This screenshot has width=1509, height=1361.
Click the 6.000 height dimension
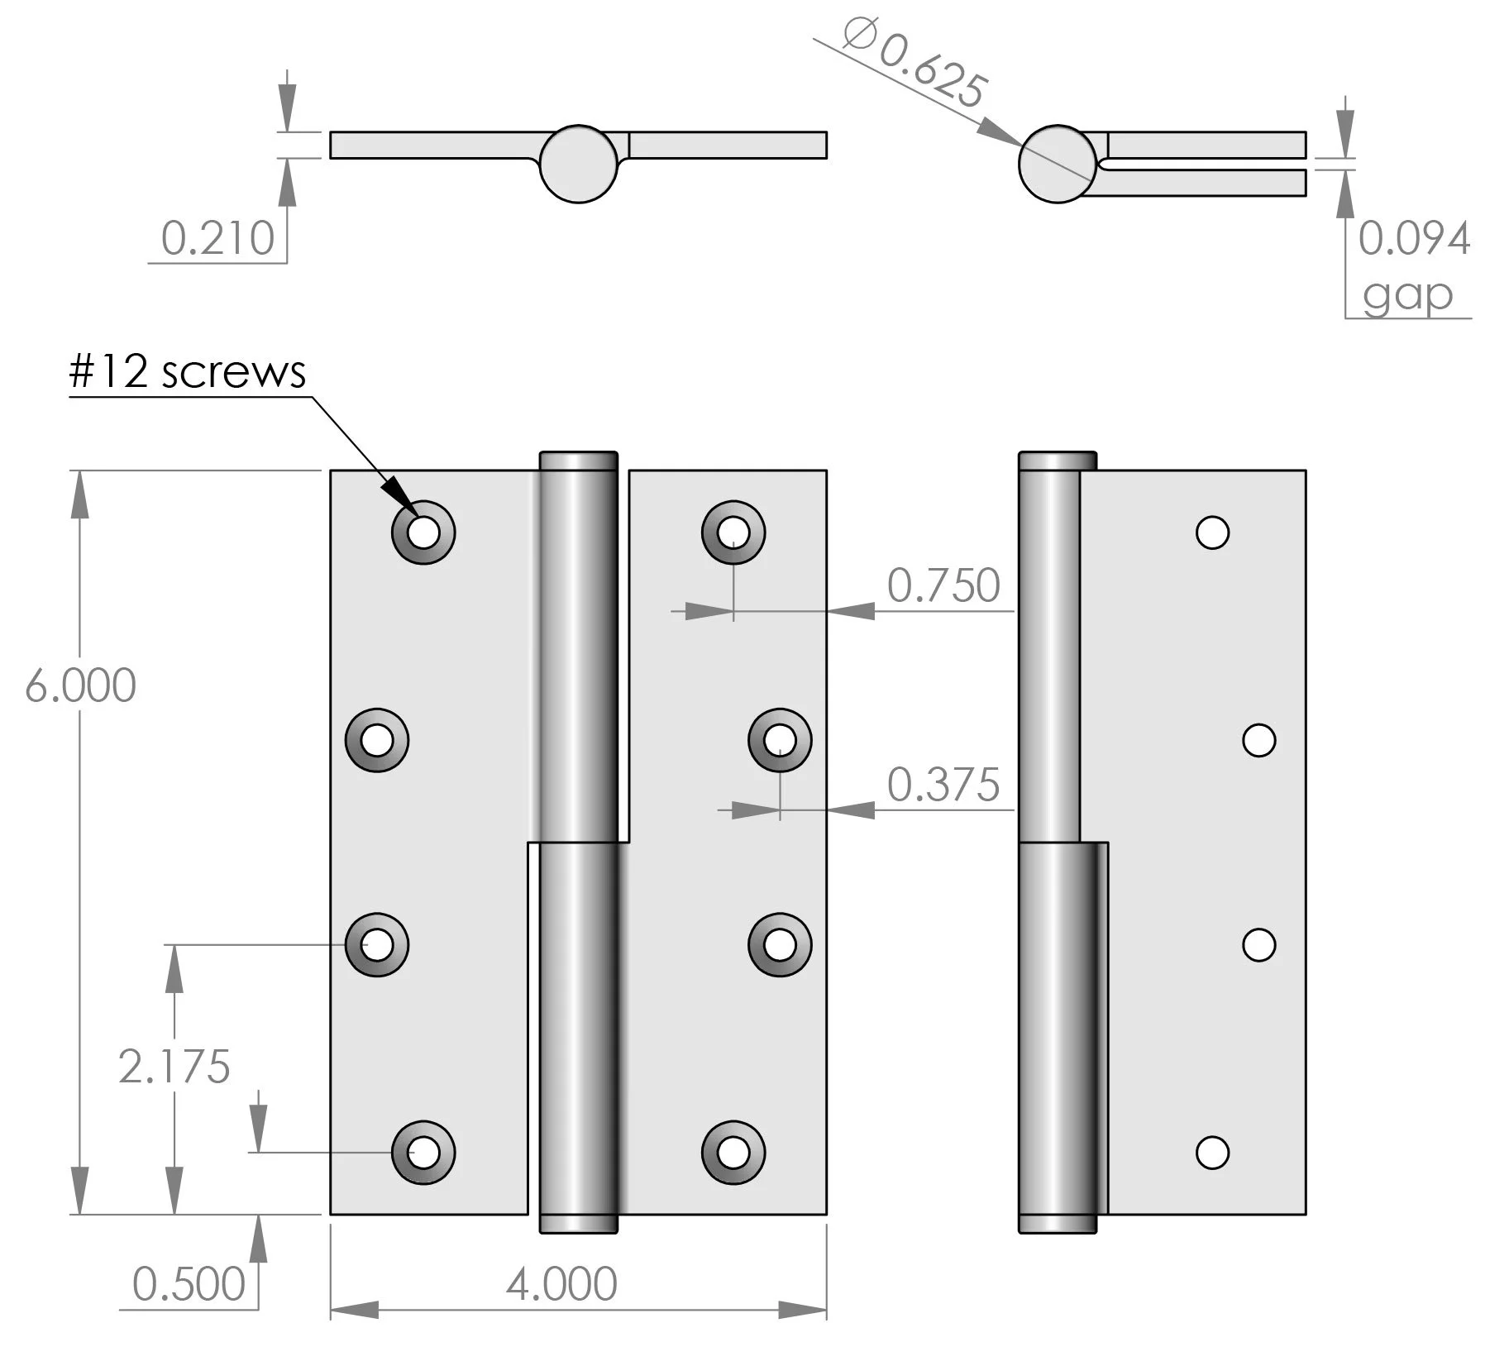point(80,686)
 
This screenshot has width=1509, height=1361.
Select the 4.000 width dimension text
point(561,1284)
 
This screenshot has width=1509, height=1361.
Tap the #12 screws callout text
point(188,372)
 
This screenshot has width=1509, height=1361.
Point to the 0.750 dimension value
point(943,585)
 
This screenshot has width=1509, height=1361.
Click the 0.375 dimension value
point(943,784)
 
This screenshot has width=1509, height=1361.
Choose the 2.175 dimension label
point(174,1067)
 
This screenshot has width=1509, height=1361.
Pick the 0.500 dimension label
point(189,1284)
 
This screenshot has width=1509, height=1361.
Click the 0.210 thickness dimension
point(217,238)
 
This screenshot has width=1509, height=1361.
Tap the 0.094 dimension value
point(1414,238)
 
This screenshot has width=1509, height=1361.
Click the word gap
point(1407,294)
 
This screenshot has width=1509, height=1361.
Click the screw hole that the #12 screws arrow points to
point(423,532)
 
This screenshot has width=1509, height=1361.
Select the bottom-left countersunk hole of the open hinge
point(423,1152)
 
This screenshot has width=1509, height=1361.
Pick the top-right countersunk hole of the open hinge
point(733,532)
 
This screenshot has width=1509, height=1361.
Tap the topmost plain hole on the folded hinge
point(1212,532)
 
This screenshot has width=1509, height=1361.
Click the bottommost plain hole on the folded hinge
point(1212,1152)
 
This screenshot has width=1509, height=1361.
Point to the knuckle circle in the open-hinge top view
point(579,164)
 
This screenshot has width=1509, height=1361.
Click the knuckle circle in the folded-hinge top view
point(1058,164)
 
